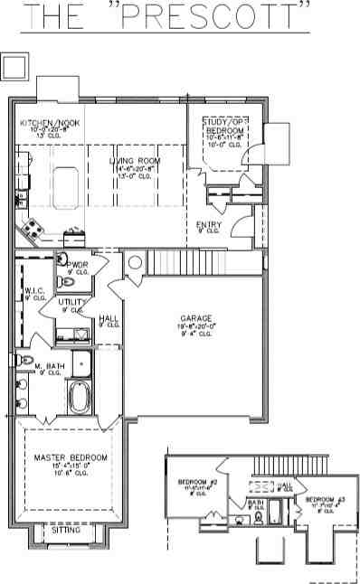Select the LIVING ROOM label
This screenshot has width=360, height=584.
(134, 161)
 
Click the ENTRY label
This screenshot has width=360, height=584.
(208, 225)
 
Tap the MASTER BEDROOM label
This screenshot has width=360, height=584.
(70, 458)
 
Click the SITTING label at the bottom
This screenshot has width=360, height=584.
(66, 531)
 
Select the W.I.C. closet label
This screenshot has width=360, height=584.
(23, 291)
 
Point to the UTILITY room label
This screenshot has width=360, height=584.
(72, 302)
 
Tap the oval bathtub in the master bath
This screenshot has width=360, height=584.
(79, 398)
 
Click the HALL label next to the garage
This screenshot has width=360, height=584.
(109, 319)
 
